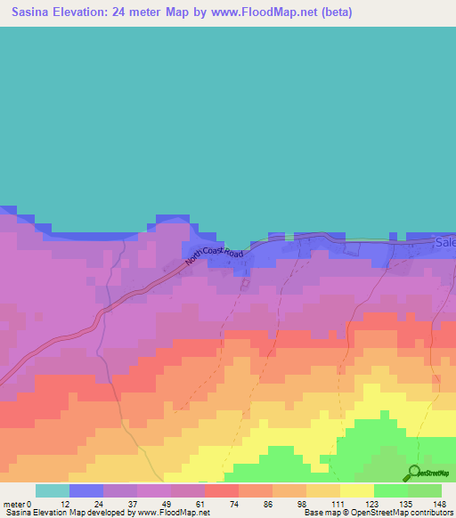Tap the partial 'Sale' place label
[x=444, y=242]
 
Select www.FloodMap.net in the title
[x=271, y=12]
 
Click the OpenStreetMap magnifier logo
[x=412, y=473]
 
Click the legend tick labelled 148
[x=439, y=503]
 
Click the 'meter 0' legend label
[x=17, y=503]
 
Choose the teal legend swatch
[x=52, y=490]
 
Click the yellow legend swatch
[x=356, y=490]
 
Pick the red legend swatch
[x=221, y=490]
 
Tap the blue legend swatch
[x=85, y=490]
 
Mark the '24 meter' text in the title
[x=138, y=12]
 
